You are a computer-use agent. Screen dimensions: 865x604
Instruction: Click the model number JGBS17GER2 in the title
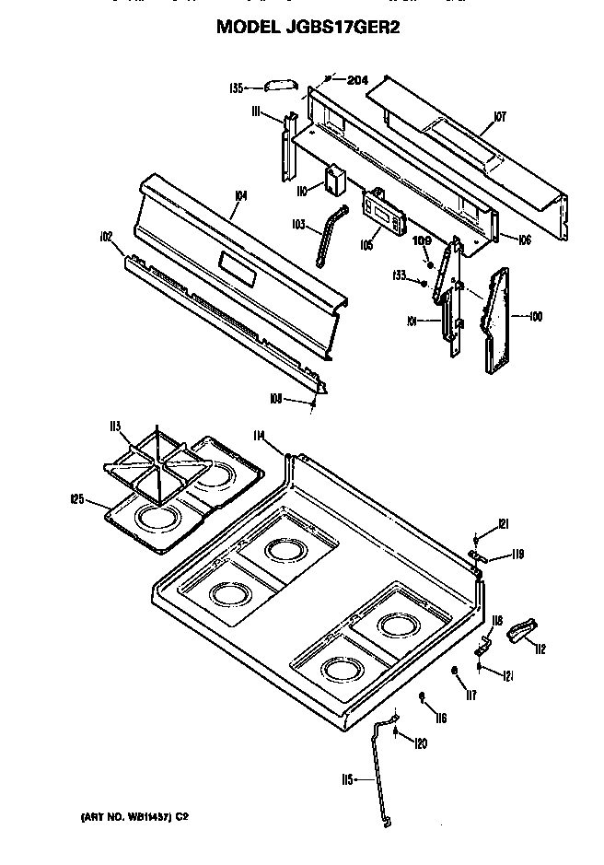pyautogui.click(x=341, y=28)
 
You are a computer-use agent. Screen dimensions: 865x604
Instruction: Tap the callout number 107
pyautogui.click(x=500, y=116)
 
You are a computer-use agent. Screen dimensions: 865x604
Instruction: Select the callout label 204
pyautogui.click(x=357, y=80)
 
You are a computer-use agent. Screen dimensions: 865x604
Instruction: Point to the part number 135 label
pyautogui.click(x=237, y=88)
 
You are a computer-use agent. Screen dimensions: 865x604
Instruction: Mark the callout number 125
pyautogui.click(x=77, y=499)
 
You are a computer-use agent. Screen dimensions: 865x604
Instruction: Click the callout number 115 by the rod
pyautogui.click(x=347, y=779)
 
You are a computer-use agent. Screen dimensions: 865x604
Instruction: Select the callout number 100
pyautogui.click(x=536, y=317)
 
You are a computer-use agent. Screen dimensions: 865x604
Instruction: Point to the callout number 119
pyautogui.click(x=517, y=554)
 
